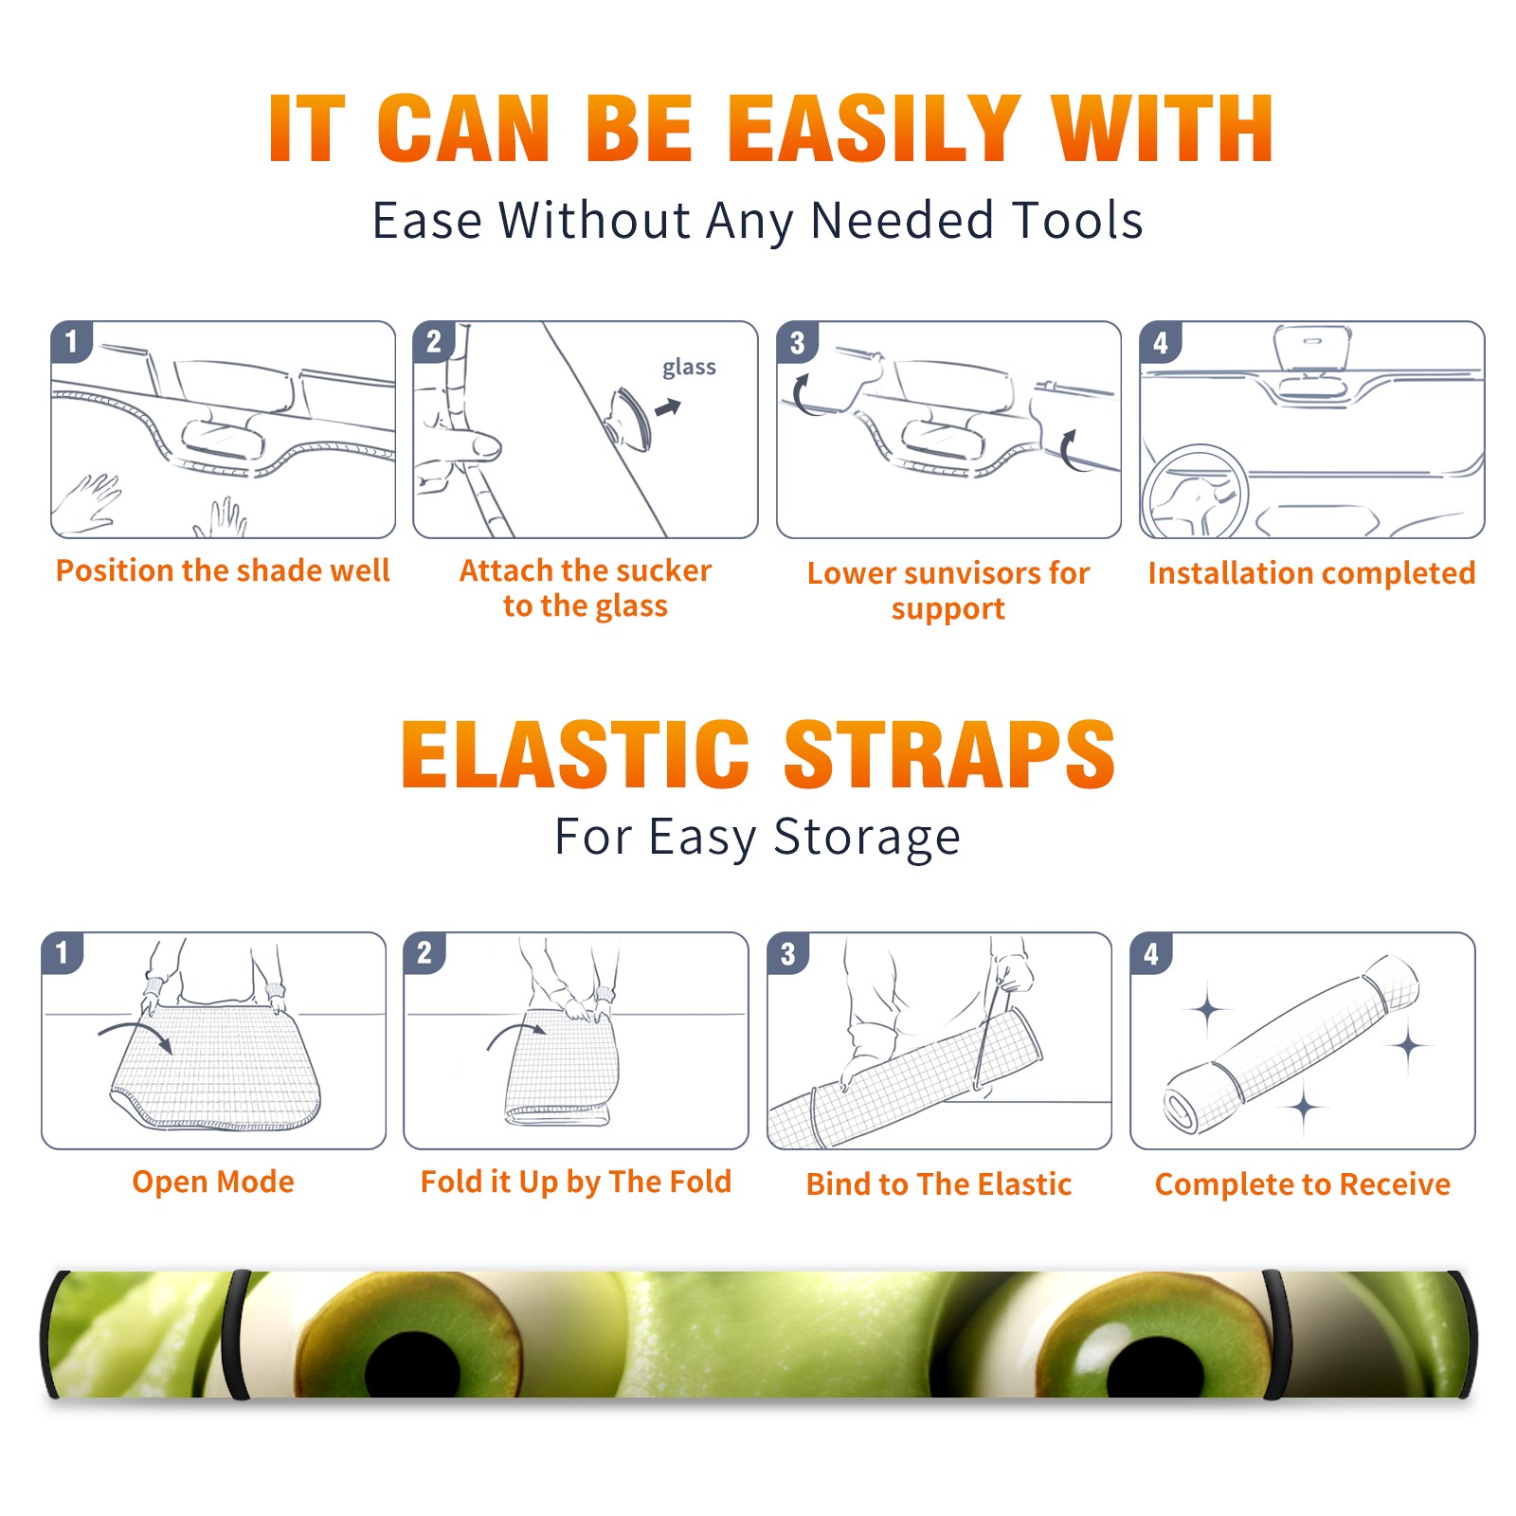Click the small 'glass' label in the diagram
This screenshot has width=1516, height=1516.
pyautogui.click(x=689, y=368)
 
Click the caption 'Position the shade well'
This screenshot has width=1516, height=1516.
pyautogui.click(x=223, y=570)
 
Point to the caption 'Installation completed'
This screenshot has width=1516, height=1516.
pyautogui.click(x=1311, y=572)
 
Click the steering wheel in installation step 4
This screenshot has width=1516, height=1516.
pyautogui.click(x=1195, y=493)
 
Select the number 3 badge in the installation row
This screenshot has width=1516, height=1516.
pyautogui.click(x=797, y=342)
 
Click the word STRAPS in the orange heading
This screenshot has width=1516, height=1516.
pyautogui.click(x=950, y=754)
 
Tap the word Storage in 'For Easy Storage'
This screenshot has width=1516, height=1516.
pyautogui.click(x=867, y=838)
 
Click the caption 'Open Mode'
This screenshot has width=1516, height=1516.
pyautogui.click(x=213, y=1182)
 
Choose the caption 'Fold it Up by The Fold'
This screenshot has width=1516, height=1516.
pyautogui.click(x=576, y=1182)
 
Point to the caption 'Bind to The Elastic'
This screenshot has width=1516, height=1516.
pyautogui.click(x=939, y=1184)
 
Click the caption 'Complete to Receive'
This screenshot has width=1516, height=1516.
pyautogui.click(x=1303, y=1184)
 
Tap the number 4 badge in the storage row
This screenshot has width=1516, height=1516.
pyautogui.click(x=1151, y=953)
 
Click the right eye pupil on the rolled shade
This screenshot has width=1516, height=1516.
pyautogui.click(x=1155, y=1366)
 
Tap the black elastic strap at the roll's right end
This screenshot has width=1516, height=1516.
pyautogui.click(x=1276, y=1333)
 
